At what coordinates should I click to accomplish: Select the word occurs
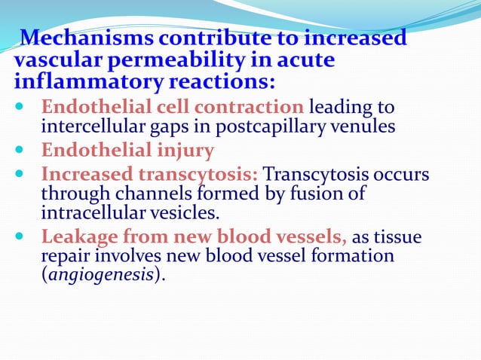403,175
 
